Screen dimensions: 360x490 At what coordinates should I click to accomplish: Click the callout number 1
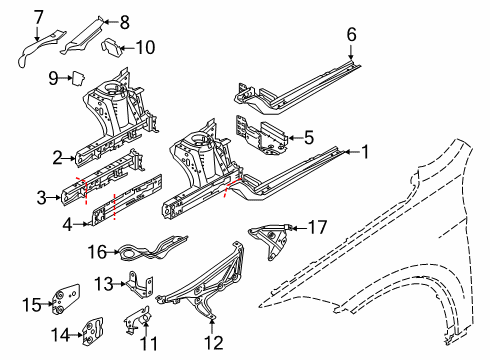tap(365, 153)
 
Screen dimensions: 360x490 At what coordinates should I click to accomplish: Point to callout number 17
tap(318, 227)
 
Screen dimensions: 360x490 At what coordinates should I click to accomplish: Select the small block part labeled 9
tap(76, 76)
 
